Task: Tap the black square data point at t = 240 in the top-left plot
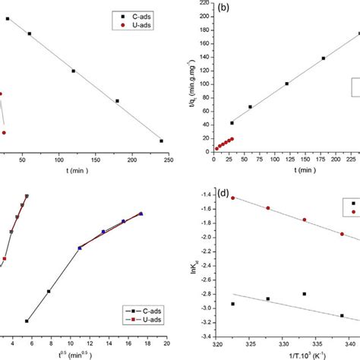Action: pyautogui.click(x=161, y=141)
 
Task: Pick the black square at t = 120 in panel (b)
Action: pyautogui.click(x=286, y=84)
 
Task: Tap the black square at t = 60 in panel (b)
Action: pyautogui.click(x=250, y=107)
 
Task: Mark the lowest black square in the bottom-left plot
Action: pyautogui.click(x=27, y=321)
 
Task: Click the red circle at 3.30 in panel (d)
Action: pyautogui.click(x=267, y=207)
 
